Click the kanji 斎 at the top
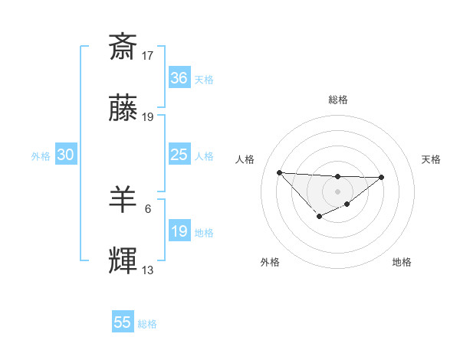[123, 47]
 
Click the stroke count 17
[148, 56]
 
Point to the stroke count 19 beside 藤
[148, 117]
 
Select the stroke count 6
[148, 208]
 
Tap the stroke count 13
[148, 270]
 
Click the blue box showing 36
[179, 78]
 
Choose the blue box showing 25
[179, 155]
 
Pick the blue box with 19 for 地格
[179, 231]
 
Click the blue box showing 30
[65, 155]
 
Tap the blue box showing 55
[123, 322]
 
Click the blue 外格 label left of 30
[41, 155]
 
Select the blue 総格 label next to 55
[147, 324]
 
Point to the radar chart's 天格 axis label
[431, 159]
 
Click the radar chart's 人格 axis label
[245, 159]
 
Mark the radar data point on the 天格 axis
[382, 177]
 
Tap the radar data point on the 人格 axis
[279, 172]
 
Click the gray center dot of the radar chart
[337, 191]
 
